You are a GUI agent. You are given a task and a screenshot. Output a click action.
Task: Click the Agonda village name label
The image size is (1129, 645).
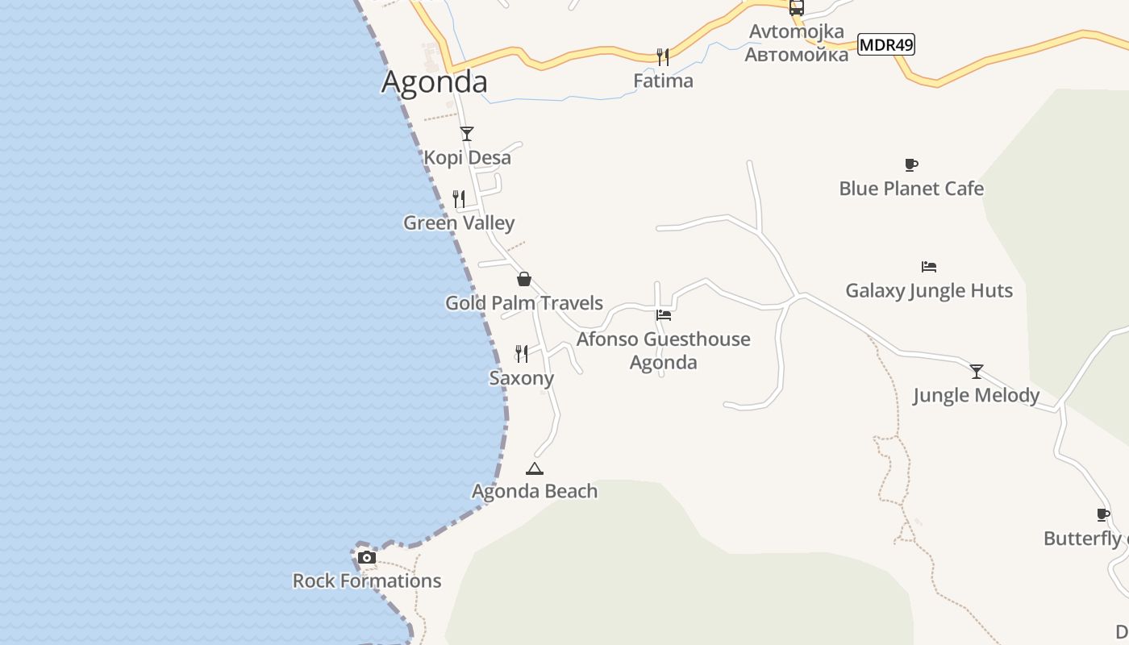coord(434,81)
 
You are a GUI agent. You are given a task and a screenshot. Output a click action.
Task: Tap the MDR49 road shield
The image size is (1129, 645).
coord(885,44)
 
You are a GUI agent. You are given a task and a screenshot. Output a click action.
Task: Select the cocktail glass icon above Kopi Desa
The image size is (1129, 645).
coord(467,133)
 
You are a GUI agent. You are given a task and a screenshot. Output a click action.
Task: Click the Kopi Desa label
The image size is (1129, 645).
coord(468,157)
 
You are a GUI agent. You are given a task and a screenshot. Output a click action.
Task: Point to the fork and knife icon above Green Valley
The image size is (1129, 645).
coord(459,198)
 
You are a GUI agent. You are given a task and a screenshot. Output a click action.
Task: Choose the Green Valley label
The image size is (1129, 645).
coord(459,223)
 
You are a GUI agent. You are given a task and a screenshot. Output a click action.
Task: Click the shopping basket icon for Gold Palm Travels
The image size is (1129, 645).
coord(524,279)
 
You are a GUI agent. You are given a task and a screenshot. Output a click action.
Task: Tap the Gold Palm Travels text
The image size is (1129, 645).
coord(524,303)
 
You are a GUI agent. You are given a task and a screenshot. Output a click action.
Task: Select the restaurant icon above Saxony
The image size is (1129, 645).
coord(522,353)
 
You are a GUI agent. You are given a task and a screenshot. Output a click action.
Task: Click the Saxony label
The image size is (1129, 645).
coord(522,378)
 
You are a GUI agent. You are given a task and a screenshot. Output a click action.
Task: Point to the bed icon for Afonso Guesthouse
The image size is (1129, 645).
coord(664,314)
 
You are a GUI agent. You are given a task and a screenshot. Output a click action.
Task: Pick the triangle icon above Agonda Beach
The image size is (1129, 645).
coord(534,468)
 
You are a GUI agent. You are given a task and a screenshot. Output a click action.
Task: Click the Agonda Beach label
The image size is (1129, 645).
coord(535,491)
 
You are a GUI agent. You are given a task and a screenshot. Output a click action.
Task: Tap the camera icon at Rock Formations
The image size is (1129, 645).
coord(367,557)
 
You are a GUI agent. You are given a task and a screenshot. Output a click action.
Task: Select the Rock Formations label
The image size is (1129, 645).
coord(367,580)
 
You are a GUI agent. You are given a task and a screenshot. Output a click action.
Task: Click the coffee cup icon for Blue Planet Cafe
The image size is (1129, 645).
coord(911,164)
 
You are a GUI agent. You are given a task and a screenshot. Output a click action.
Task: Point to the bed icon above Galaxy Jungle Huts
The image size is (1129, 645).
coord(929,266)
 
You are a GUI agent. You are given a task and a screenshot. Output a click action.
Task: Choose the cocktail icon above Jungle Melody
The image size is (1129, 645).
coord(977,371)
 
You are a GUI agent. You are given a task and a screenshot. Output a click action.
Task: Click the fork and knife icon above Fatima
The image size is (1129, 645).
coord(663,56)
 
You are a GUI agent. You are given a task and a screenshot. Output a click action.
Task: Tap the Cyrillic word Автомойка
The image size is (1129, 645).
coord(796,54)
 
